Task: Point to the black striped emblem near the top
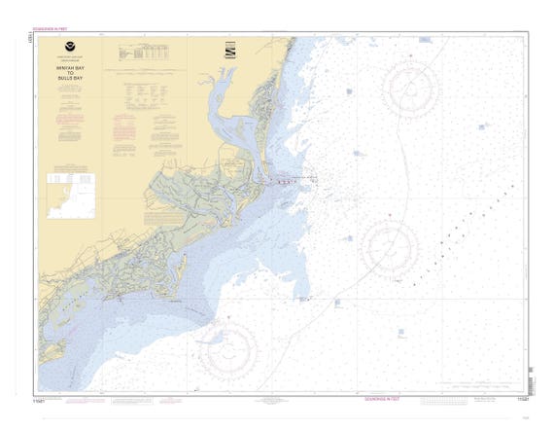[x=230, y=50]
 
